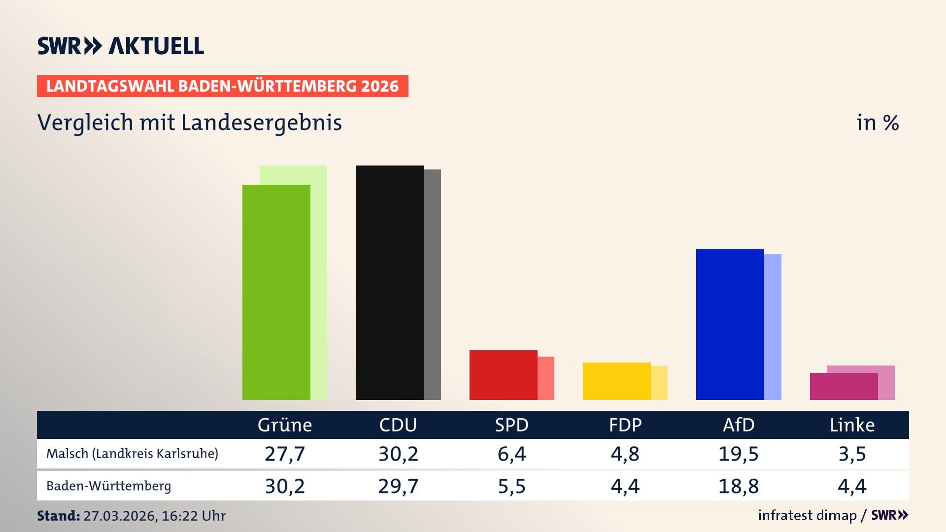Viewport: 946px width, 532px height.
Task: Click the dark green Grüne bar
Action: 276,292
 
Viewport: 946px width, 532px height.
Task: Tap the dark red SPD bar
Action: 503,375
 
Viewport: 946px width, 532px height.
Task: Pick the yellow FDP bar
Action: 616,381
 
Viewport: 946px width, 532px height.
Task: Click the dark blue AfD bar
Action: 730,324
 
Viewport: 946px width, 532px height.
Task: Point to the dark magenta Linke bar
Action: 844,386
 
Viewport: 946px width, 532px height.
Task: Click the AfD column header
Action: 738,425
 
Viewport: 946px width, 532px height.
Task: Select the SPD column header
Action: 511,425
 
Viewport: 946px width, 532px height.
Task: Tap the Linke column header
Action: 852,425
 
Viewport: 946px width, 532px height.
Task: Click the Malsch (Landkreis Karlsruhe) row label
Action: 132,453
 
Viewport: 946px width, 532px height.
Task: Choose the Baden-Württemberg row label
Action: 108,486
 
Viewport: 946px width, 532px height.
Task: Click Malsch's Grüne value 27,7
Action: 285,454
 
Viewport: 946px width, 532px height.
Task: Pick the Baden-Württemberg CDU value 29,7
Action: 398,486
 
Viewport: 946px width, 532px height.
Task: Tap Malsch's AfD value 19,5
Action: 738,454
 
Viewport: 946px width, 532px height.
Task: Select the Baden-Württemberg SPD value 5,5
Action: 511,486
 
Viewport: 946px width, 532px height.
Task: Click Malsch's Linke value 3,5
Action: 852,454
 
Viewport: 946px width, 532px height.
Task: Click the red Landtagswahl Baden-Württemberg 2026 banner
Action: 222,86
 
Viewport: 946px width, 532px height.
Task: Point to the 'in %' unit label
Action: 877,123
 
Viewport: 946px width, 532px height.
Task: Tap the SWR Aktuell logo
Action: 120,46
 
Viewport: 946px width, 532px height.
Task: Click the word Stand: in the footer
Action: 58,516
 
